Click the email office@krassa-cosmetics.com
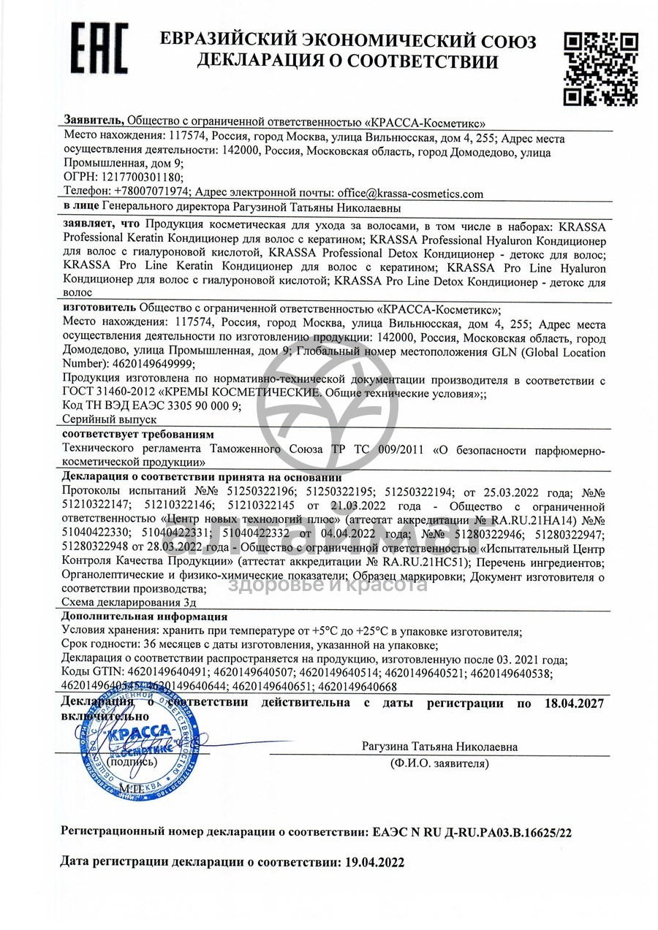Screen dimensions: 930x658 click(410, 194)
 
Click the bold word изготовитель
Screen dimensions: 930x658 click(99, 308)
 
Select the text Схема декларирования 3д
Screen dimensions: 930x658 click(130, 603)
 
